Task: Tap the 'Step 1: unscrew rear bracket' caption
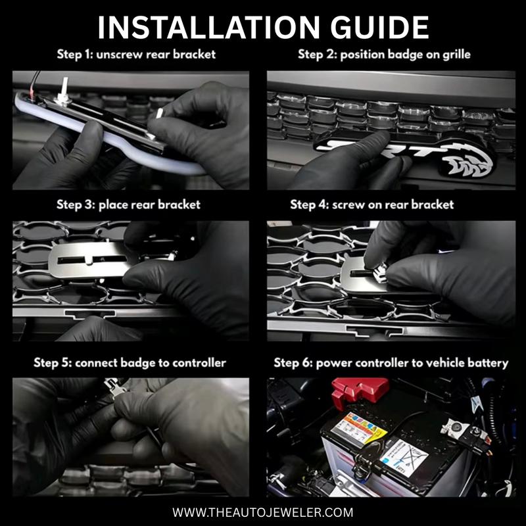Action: tap(136, 55)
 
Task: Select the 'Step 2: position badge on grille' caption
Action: tap(384, 55)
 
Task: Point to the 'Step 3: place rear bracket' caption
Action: tap(128, 204)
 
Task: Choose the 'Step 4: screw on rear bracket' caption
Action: tap(372, 204)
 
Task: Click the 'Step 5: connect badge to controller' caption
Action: tap(130, 363)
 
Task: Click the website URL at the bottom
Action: tap(262, 512)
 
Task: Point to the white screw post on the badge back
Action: tap(64, 89)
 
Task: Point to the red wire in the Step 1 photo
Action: tap(32, 93)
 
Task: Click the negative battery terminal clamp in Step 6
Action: tap(466, 432)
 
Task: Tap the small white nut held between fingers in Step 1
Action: tap(160, 113)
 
